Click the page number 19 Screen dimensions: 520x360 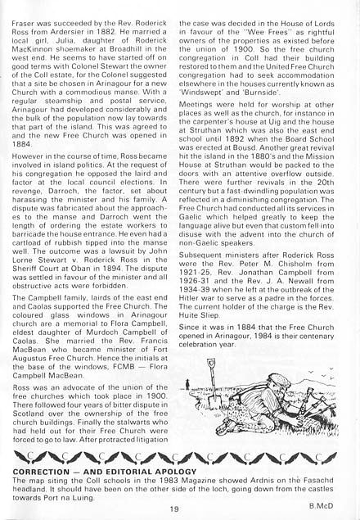coord(175,509)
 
